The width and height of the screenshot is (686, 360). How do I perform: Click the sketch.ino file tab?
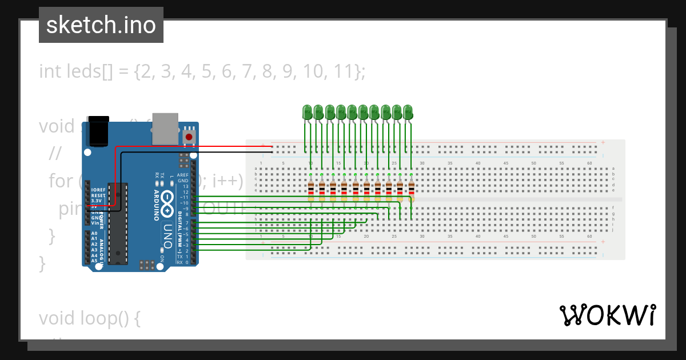101,25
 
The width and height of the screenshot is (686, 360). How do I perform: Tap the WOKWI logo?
608,315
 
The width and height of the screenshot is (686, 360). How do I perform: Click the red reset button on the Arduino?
189,137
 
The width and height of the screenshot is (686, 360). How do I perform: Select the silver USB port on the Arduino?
165,128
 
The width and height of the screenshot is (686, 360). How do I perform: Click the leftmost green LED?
307,112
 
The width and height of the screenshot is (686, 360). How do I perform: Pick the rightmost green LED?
408,112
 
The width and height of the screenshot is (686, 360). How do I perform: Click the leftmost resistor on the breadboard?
310,191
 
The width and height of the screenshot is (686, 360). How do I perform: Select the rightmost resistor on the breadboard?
411,191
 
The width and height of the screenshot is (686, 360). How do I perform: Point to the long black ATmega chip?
118,223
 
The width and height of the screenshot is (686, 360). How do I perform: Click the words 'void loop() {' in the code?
90,318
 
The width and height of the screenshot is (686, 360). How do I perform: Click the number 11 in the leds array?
344,71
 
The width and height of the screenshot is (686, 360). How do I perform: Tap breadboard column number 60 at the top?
589,163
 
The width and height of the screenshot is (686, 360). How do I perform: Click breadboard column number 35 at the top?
450,163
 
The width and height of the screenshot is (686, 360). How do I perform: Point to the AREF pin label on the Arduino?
183,175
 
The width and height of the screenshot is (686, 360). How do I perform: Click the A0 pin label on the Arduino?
94,233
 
